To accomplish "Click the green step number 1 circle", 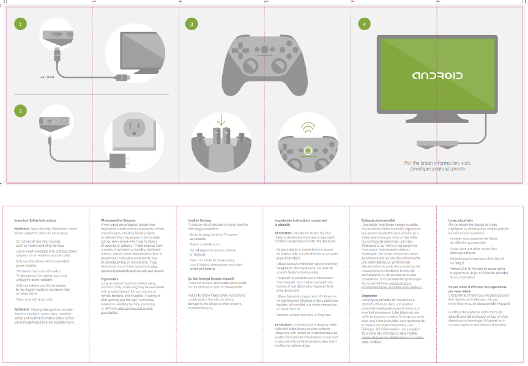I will pyautogui.click(x=21, y=24).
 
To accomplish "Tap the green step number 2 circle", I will pyautogui.click(x=21, y=111).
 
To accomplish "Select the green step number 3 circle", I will pyautogui.click(x=192, y=24).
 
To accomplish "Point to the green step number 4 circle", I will pyautogui.click(x=365, y=24).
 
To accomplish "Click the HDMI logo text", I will pyautogui.click(x=48, y=78).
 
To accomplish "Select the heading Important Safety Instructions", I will pyautogui.click(x=35, y=219).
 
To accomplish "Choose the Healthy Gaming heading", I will pyautogui.click(x=201, y=219).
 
